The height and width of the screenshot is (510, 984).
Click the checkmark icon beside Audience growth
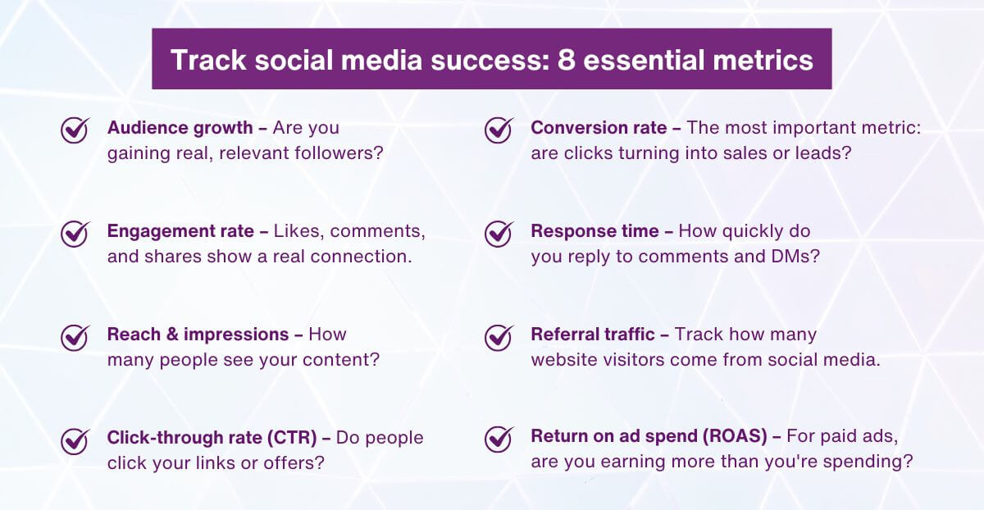point(75,130)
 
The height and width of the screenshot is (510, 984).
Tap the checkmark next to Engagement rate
point(75,233)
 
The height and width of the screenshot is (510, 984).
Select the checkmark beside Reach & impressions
point(75,336)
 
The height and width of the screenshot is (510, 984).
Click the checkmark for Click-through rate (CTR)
point(75,439)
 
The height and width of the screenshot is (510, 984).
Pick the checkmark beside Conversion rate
point(499,130)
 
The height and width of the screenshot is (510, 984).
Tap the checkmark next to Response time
point(499,233)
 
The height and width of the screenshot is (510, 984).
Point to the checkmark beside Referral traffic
point(499,336)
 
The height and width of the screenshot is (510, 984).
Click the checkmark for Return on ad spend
point(499,439)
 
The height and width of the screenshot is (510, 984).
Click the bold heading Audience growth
point(180,128)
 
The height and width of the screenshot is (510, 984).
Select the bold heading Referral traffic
point(592,335)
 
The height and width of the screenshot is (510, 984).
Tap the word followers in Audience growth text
point(341,153)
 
